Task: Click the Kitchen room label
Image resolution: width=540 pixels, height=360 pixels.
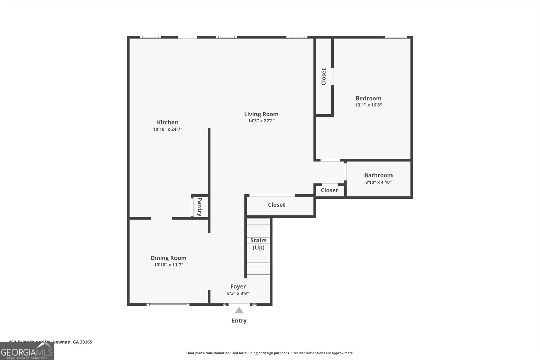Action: point(167,122)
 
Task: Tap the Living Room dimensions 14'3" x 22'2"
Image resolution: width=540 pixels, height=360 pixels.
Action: point(261,121)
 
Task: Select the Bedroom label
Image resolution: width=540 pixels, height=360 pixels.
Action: point(368,98)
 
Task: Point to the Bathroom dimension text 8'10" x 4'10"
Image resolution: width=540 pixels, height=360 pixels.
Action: point(378,182)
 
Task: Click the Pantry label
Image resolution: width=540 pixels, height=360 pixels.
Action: point(200,206)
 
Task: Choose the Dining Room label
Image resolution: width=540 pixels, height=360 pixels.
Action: point(168,258)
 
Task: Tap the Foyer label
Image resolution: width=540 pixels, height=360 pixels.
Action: point(238,286)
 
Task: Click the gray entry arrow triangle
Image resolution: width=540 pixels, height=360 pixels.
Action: point(239,311)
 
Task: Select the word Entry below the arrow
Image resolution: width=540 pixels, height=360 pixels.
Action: point(239,321)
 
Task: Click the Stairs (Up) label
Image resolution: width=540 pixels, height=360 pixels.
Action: point(259,244)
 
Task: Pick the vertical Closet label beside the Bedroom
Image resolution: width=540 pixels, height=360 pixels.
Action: point(324,77)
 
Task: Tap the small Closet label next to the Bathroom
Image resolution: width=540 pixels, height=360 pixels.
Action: point(329,190)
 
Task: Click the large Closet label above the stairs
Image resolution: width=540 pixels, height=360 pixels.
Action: point(276,205)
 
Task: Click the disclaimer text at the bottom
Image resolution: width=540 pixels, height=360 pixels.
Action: point(270,353)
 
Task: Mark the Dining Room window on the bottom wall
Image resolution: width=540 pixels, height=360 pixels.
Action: point(168,305)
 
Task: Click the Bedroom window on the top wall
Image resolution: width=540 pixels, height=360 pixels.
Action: point(396,37)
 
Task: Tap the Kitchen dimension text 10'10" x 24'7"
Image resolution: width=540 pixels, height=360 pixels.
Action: point(167,129)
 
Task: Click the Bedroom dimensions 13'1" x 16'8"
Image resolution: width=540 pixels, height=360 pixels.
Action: point(368,105)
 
